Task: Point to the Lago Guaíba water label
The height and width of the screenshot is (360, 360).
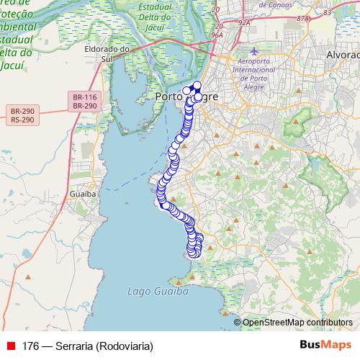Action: click(x=157, y=292)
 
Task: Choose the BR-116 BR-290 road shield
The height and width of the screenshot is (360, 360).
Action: click(x=85, y=100)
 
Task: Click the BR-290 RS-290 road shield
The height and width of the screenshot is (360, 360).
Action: click(x=24, y=115)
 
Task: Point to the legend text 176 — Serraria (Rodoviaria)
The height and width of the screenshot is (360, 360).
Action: click(x=88, y=346)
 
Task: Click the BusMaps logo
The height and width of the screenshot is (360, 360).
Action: click(x=326, y=345)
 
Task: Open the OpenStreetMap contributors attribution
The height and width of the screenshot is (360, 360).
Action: click(x=297, y=323)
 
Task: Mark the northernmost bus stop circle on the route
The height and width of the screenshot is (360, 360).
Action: click(x=197, y=86)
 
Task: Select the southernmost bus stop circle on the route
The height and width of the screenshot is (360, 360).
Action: click(x=194, y=253)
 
